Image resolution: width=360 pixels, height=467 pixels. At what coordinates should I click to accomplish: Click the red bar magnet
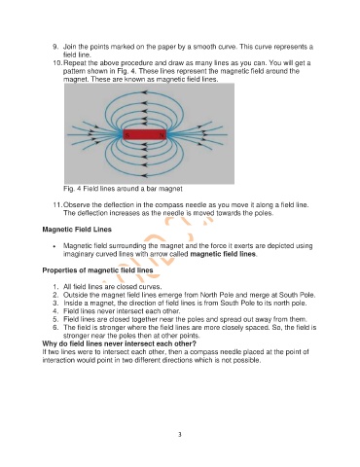[x=145, y=134]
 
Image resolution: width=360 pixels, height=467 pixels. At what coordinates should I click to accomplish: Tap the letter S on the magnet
[x=127, y=135]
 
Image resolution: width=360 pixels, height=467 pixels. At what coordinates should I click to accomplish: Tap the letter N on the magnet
[x=162, y=135]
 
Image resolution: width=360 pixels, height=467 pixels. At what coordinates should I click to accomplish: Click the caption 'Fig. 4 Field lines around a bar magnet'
[x=123, y=189]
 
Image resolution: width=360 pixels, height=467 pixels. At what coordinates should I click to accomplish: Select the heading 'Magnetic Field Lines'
[x=77, y=230]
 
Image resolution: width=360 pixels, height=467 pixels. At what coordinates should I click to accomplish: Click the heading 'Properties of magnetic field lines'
[x=97, y=270]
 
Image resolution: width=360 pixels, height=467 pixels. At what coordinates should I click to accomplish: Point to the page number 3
[x=180, y=435]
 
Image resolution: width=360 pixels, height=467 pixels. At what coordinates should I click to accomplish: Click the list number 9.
[x=55, y=47]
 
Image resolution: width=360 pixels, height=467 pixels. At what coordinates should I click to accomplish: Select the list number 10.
[x=57, y=63]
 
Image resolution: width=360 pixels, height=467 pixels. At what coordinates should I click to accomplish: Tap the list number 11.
[x=57, y=205]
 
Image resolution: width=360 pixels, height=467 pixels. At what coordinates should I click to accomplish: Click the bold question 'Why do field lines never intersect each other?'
[x=120, y=343]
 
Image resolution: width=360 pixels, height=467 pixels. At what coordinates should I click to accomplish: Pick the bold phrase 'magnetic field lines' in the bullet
[x=223, y=254]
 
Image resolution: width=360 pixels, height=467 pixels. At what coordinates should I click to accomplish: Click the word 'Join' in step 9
[x=69, y=47]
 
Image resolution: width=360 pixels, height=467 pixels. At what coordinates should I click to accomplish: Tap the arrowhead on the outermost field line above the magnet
[x=145, y=92]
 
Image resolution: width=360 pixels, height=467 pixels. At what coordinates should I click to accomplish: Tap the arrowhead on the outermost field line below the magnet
[x=145, y=176]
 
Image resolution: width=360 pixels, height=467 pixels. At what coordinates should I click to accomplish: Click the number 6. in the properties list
[x=55, y=327]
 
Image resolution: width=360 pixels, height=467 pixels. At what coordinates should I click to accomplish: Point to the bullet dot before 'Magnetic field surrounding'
[x=55, y=246]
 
